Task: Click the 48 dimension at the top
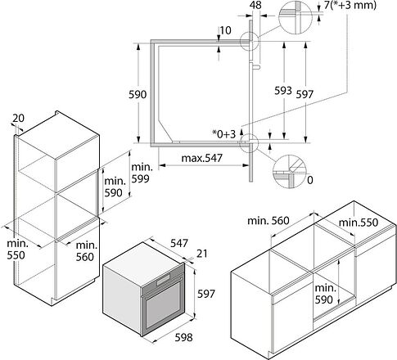[x=255, y=5]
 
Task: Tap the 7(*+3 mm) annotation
[x=350, y=5]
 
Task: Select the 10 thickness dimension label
[x=226, y=30]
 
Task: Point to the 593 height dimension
[x=283, y=91]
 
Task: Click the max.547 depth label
[x=202, y=158]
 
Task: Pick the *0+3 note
[x=224, y=134]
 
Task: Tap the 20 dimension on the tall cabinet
[x=19, y=118]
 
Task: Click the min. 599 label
[x=142, y=173]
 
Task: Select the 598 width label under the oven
[x=183, y=338]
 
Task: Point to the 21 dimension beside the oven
[x=202, y=254]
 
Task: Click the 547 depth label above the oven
[x=179, y=243]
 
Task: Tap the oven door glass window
[x=163, y=305]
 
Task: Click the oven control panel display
[x=164, y=281]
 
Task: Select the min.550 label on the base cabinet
[x=359, y=223]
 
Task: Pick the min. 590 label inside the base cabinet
[x=325, y=294]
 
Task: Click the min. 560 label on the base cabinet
[x=268, y=220]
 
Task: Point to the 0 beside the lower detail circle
[x=310, y=180]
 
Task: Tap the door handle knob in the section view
[x=256, y=66]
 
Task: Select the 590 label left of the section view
[x=138, y=94]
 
